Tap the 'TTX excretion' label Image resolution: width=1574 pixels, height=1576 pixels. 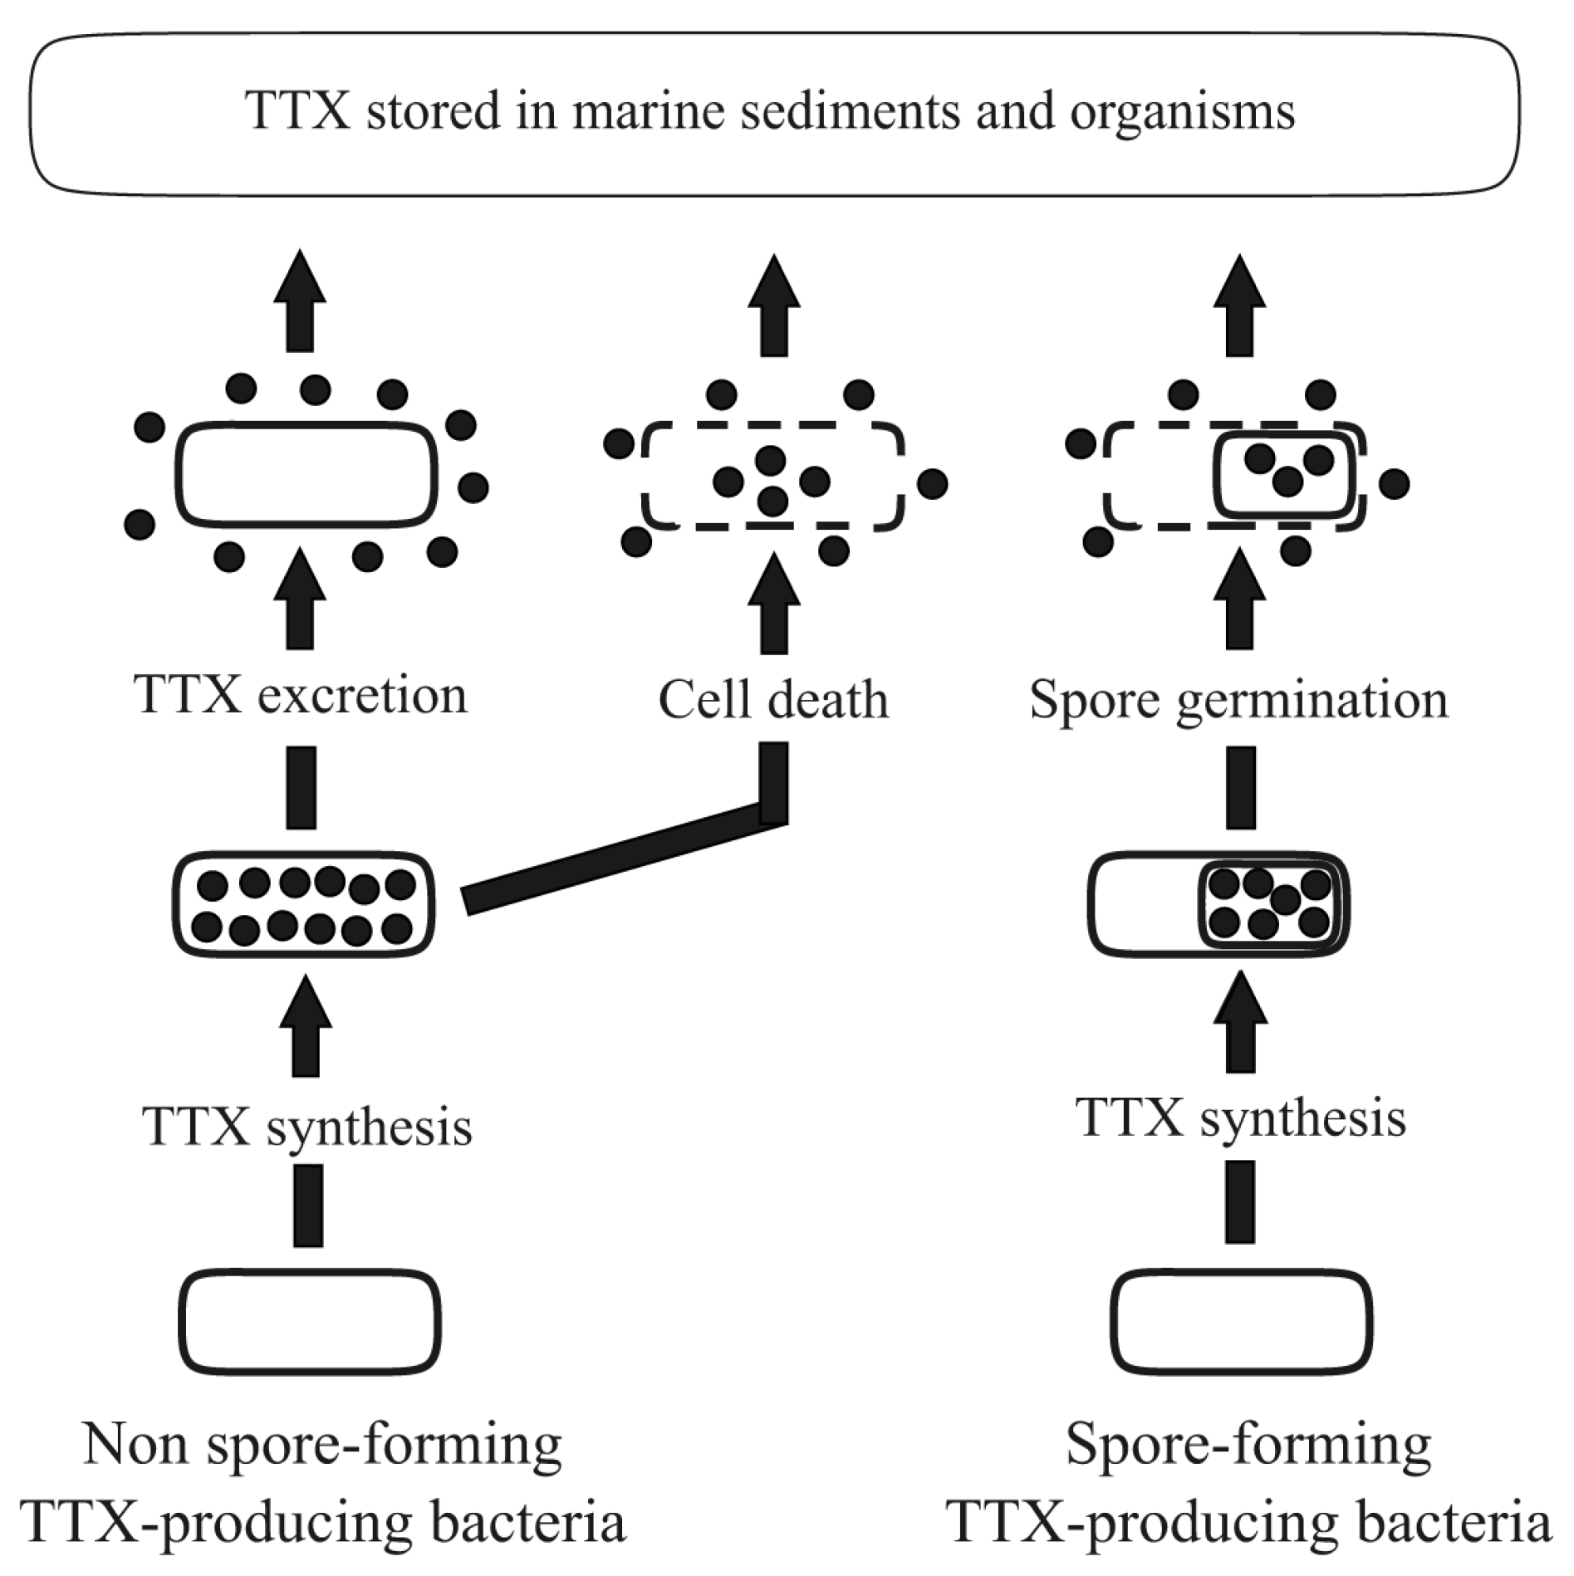coord(301,694)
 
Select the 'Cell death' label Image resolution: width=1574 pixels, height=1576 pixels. coord(773,699)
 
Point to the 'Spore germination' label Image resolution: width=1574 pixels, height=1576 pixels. coord(1238,699)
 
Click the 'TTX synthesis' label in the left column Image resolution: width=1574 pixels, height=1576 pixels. coord(307,1126)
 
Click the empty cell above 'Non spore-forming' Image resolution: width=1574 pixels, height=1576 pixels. coord(309,1322)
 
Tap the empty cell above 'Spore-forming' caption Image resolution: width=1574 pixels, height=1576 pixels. coord(1241,1322)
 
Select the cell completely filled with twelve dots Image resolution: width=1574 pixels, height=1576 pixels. coord(303,905)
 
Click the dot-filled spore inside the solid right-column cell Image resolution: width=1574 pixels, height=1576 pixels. coord(1271,905)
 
